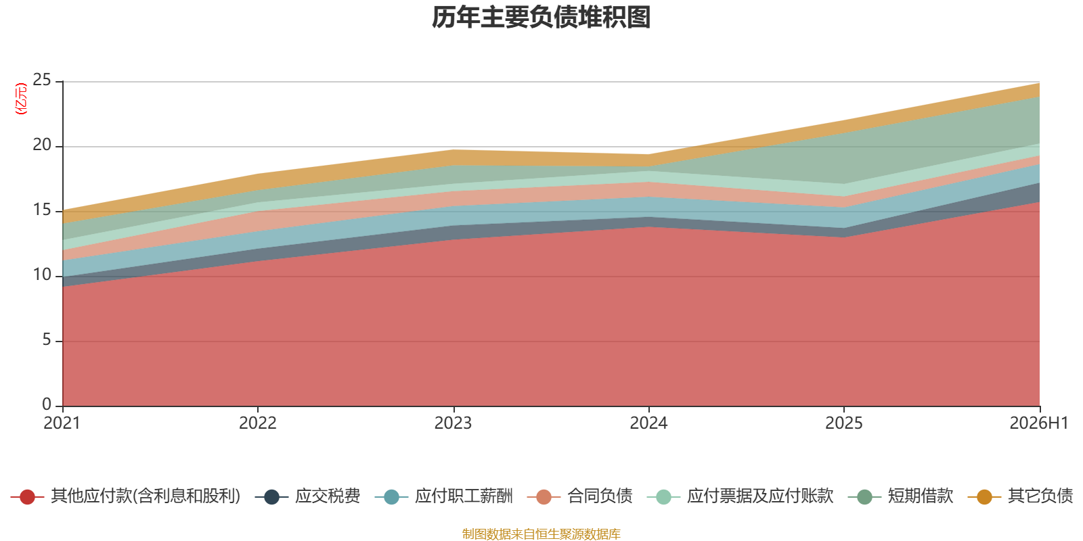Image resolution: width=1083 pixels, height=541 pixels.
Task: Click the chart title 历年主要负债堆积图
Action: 541,18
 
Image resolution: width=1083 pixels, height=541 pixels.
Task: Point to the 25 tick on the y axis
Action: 41,80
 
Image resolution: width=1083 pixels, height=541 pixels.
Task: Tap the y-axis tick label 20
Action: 41,145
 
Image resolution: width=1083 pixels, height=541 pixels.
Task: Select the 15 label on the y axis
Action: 41,210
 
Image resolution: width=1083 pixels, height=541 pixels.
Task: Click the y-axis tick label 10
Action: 41,275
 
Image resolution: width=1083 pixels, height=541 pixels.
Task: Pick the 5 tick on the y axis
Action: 47,340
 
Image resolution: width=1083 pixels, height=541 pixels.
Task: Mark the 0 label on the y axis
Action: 47,404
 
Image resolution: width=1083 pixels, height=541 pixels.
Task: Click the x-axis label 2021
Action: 62,423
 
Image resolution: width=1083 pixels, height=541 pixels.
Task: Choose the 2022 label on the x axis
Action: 258,423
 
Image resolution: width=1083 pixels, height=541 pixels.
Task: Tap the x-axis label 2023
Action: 453,423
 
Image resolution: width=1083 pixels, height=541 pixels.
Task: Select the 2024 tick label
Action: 648,423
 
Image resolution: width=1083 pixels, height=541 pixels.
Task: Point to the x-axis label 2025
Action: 843,423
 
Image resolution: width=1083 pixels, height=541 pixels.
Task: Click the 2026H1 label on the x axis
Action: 1039,423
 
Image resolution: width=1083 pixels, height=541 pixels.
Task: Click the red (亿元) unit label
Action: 21,99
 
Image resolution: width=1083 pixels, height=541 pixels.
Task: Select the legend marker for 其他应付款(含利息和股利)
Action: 28,496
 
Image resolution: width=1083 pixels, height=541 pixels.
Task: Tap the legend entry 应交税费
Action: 308,496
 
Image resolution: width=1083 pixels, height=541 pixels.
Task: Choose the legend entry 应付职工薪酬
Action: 444,496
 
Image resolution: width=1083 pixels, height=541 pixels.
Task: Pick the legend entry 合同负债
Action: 579,496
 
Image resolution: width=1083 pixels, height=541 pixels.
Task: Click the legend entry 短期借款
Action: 901,496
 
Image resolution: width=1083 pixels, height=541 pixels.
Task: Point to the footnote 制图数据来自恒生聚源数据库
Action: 541,534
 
